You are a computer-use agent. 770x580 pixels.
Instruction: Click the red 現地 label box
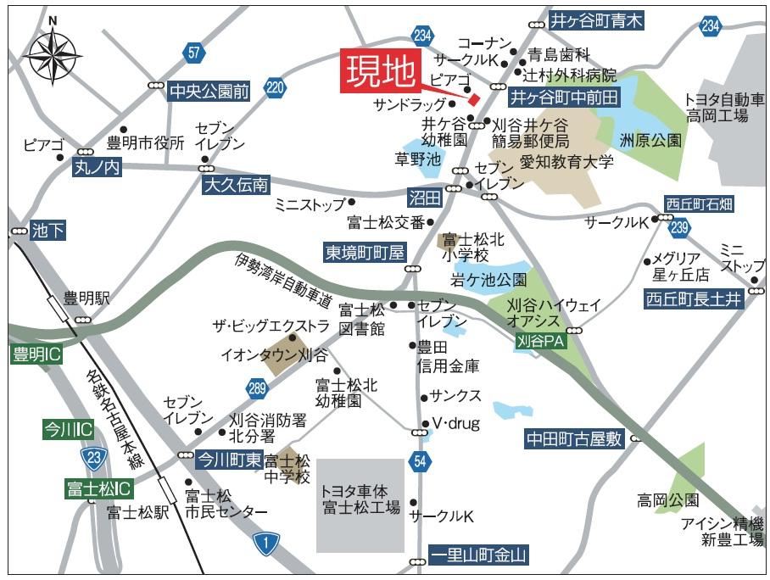(381, 71)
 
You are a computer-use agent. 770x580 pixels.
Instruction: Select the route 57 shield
(195, 53)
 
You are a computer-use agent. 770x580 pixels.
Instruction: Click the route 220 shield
(274, 86)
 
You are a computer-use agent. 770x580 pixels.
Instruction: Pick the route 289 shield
(258, 388)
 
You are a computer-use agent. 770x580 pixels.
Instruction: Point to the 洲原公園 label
(650, 140)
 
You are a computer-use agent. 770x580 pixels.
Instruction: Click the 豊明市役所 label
(145, 142)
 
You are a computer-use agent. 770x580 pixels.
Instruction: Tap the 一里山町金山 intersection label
(478, 556)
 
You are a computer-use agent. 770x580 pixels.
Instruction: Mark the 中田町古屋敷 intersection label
(574, 438)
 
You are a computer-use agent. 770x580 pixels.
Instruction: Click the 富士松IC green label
(99, 489)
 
